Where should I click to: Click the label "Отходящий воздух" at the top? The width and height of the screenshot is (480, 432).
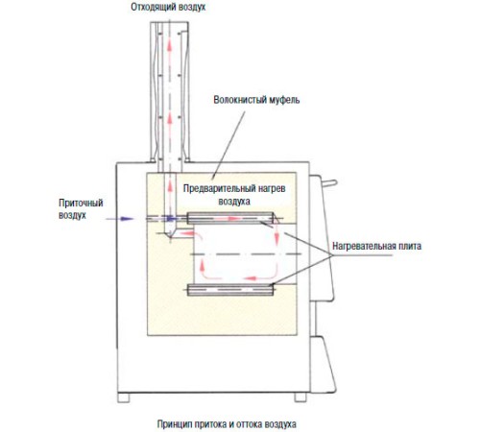tap(170, 8)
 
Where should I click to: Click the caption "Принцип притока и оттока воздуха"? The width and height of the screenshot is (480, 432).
tap(228, 422)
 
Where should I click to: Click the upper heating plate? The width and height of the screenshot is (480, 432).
tap(231, 216)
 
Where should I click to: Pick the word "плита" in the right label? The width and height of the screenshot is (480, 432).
tap(408, 245)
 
